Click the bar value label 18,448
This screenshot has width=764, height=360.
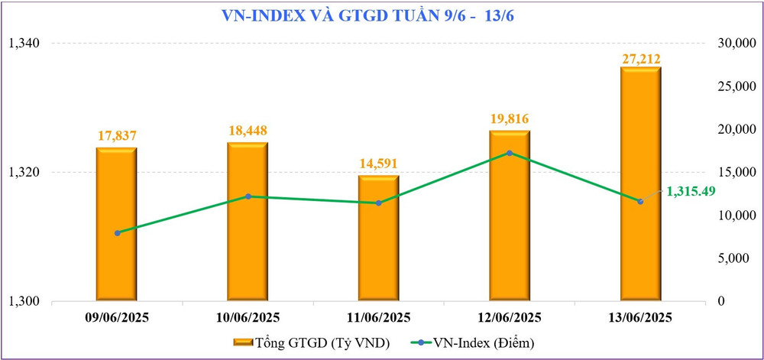tap(248, 131)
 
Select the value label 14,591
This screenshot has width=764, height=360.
tap(378, 164)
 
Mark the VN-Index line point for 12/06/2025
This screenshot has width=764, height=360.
tap(510, 153)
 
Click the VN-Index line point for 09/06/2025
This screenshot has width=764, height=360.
tap(117, 232)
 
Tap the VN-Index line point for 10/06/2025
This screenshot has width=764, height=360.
tap(248, 196)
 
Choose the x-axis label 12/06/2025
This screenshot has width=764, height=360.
tap(509, 317)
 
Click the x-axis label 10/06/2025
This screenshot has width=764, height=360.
tap(248, 317)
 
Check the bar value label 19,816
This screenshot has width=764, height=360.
tap(510, 118)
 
